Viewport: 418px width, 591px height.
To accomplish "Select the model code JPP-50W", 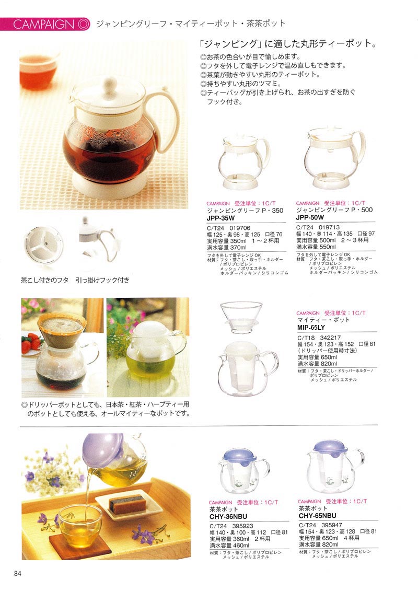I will tap(310, 217).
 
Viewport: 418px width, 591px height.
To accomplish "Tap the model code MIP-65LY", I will tap(311, 327).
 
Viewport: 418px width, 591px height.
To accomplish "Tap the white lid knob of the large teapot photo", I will tap(111, 83).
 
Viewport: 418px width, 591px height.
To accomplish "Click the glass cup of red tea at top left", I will tap(38, 69).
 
